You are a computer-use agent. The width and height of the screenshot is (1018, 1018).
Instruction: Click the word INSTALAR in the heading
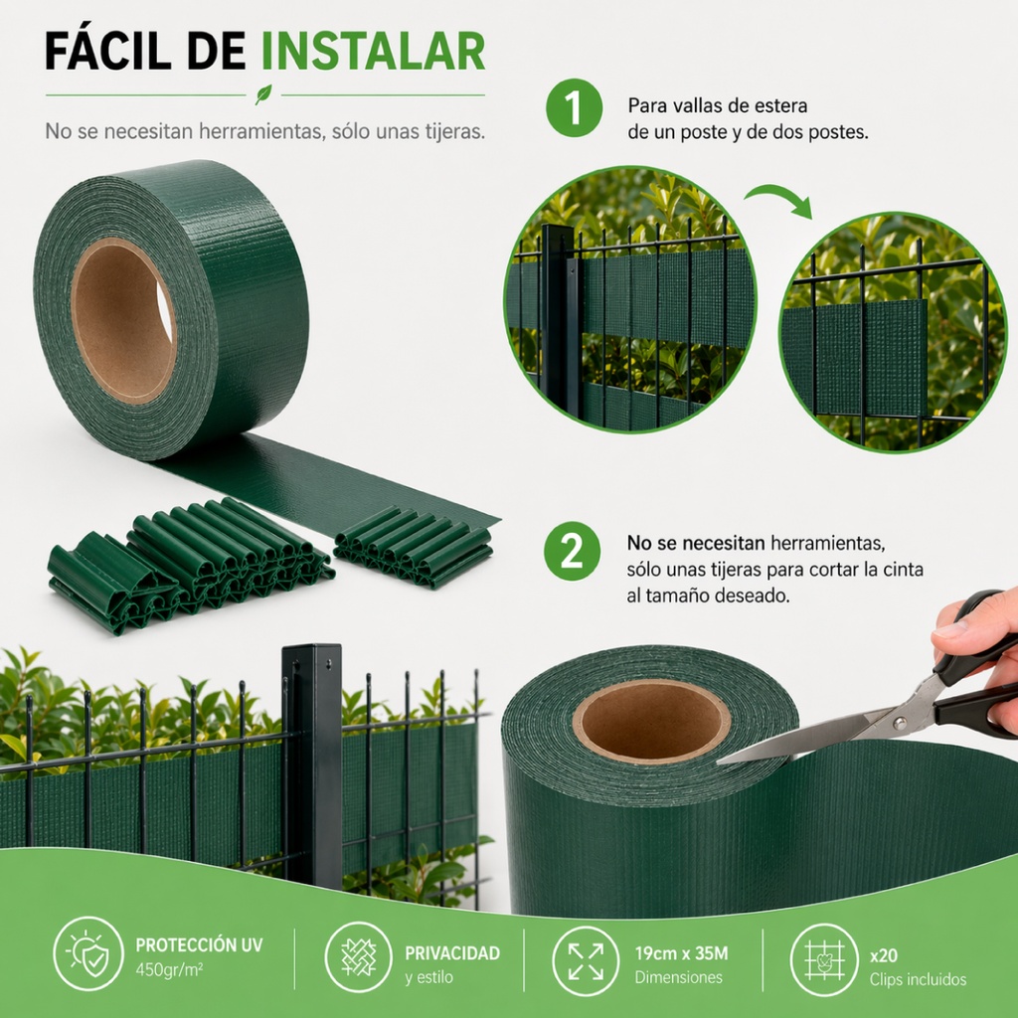pos(373,52)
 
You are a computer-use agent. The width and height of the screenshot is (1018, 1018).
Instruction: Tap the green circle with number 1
pos(574,110)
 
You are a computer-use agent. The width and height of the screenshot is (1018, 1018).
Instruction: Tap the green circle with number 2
pos(574,553)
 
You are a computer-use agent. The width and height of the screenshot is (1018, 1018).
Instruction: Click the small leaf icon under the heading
pos(263,95)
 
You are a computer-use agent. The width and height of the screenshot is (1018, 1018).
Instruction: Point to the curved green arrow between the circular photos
pos(779,198)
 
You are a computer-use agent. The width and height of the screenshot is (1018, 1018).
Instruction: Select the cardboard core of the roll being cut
pos(651,722)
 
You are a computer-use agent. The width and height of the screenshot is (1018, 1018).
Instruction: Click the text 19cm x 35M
pos(681,954)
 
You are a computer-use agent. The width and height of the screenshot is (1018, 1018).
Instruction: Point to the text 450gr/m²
pos(168,970)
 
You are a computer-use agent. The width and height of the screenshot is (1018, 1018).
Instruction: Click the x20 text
pos(883,955)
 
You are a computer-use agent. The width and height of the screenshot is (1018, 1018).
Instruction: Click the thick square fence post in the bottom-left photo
pos(313,765)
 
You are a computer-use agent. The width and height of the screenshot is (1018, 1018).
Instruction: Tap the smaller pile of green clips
pos(415,546)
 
